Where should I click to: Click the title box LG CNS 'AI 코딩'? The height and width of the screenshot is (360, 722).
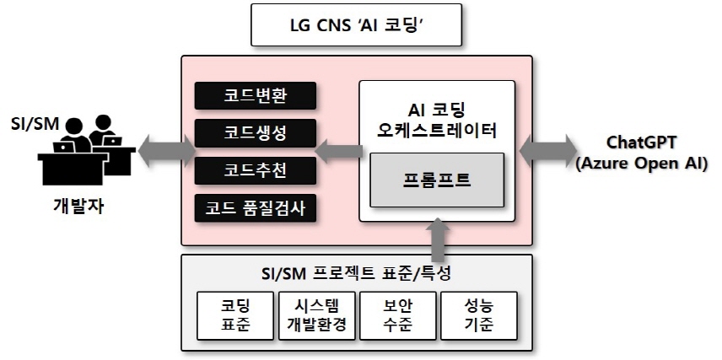(357, 26)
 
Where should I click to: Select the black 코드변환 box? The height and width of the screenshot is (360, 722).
(256, 95)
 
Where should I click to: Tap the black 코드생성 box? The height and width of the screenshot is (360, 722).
(256, 132)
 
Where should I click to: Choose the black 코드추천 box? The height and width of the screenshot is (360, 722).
(256, 169)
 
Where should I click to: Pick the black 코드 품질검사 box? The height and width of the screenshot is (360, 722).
(256, 207)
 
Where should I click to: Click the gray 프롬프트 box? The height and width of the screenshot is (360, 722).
(437, 180)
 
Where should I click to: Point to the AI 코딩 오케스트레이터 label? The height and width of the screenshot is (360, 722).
(437, 120)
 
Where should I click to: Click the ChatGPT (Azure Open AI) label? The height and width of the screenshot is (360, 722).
(641, 152)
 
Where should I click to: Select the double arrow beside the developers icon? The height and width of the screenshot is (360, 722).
(163, 153)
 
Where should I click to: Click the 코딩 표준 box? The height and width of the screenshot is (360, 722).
(237, 314)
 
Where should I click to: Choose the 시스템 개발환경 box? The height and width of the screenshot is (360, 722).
(317, 314)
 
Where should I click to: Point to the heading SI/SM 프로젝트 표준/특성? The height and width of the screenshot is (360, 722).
(355, 273)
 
